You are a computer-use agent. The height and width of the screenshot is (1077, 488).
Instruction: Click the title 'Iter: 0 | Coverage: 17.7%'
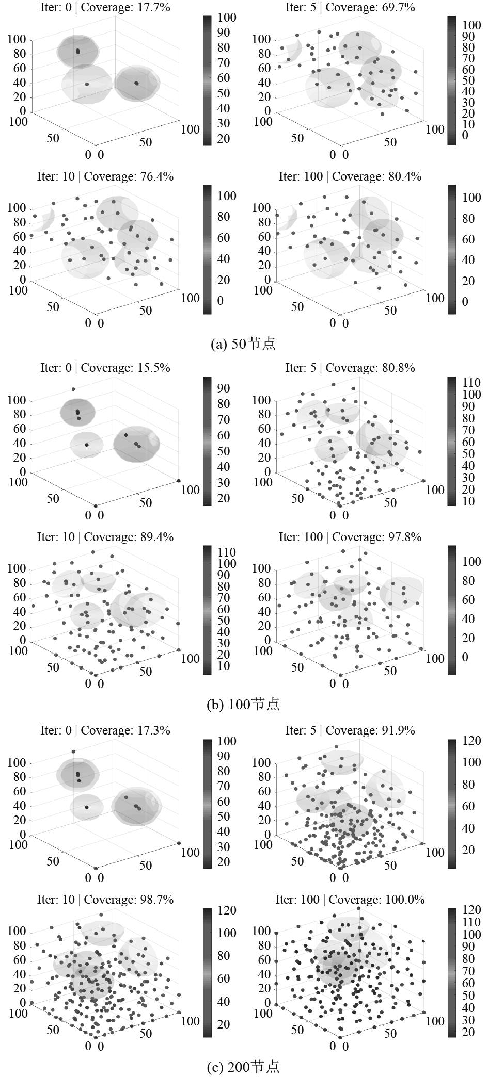click(x=105, y=7)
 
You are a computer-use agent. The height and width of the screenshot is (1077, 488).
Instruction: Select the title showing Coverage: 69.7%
click(x=350, y=7)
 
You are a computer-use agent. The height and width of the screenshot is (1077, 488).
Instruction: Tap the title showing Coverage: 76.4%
click(x=105, y=176)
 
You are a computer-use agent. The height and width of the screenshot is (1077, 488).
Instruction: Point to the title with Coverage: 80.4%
click(x=350, y=176)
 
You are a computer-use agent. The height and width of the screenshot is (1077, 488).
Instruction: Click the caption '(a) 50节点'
click(x=243, y=344)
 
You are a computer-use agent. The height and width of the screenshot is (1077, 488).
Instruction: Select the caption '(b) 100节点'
click(x=243, y=704)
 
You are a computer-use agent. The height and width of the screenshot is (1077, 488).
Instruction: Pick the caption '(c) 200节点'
click(x=243, y=1067)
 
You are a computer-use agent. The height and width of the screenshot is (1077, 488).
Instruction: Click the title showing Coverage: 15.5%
click(x=105, y=368)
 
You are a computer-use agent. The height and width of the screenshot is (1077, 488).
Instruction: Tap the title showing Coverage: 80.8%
click(x=350, y=368)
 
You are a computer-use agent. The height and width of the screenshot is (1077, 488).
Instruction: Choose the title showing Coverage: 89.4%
click(x=105, y=537)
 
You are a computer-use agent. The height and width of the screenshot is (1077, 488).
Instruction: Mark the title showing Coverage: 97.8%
click(x=350, y=537)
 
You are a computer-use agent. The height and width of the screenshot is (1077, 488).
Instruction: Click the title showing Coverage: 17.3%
click(x=105, y=730)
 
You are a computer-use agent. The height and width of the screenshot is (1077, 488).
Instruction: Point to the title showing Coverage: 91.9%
click(x=350, y=730)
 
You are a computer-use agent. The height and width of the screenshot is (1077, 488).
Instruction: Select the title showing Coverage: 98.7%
click(x=105, y=900)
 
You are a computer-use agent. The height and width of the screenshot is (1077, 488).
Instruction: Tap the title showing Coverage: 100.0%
click(x=350, y=900)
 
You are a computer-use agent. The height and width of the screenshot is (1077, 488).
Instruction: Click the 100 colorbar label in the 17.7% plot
click(x=226, y=18)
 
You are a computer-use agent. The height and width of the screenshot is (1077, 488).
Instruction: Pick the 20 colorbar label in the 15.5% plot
click(x=223, y=498)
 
